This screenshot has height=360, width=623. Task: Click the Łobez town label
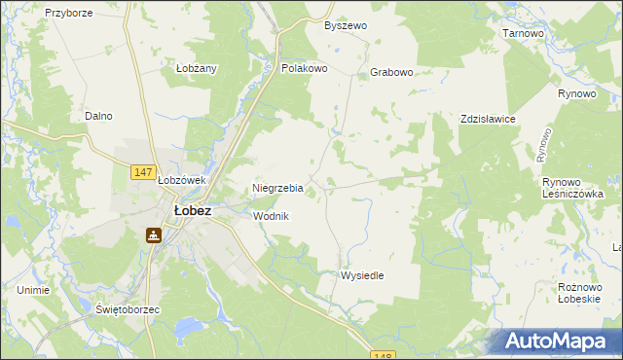[x=192, y=209]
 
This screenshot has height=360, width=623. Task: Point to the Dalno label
[x=98, y=116]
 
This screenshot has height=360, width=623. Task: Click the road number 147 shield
[x=142, y=172]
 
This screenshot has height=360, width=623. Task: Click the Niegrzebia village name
[x=277, y=188]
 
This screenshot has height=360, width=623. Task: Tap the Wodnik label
[x=271, y=216]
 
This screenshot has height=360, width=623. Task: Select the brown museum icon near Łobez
[x=154, y=234]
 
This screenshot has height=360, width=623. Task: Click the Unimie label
[x=34, y=290]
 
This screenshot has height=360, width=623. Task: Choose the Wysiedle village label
[x=361, y=275]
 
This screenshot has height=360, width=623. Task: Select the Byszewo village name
[x=346, y=25]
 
